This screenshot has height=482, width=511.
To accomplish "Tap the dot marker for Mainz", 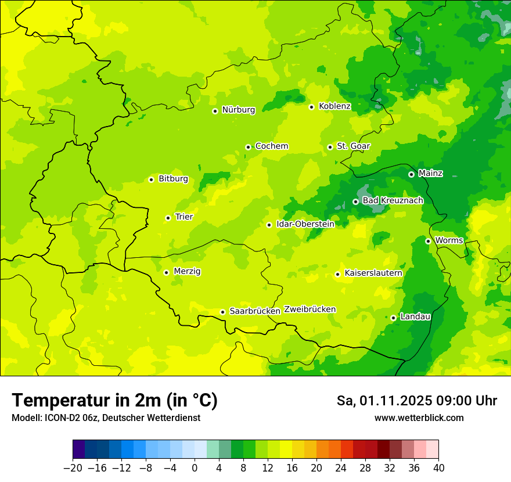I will (411, 174).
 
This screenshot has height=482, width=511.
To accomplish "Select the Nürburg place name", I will (238, 110).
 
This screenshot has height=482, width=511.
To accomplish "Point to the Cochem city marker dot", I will (248, 147).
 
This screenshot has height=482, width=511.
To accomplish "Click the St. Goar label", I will (353, 146).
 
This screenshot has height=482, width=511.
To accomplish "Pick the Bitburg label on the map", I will (173, 179).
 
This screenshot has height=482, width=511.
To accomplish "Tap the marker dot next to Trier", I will (168, 218).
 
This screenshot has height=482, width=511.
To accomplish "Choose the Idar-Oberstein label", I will (305, 224).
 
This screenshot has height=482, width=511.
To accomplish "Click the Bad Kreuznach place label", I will (393, 200).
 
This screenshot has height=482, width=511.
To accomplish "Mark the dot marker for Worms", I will (428, 241).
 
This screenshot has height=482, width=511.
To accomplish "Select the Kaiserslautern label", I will (373, 273).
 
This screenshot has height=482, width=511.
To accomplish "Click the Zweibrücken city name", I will (310, 310).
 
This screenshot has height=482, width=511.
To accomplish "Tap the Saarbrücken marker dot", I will (222, 312).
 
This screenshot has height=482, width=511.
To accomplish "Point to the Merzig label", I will (187, 271).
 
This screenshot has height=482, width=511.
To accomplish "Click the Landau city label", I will (415, 316).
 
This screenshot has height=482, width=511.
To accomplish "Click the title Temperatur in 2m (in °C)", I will (114, 401).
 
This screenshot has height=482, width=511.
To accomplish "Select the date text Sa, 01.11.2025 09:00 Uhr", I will (416, 401).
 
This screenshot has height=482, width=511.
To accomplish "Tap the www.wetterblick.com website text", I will (419, 418).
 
